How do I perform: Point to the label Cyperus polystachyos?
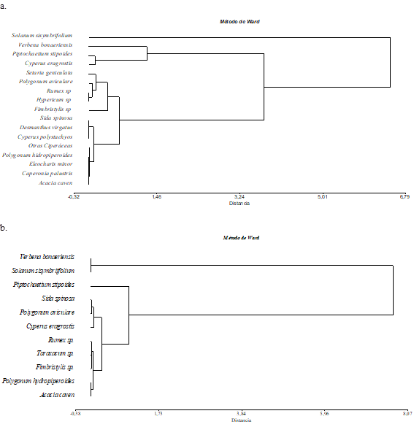pyautogui.click(x=45, y=136)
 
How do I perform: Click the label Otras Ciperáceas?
pyautogui.click(x=50, y=145)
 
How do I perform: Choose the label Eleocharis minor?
pyautogui.click(x=51, y=164)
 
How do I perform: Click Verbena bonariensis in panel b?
pyautogui.click(x=46, y=257)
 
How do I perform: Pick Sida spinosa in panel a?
pyautogui.click(x=56, y=118)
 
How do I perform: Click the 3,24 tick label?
pyautogui.click(x=239, y=197)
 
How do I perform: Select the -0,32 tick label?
pyautogui.click(x=74, y=197)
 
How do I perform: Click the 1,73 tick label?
pyautogui.click(x=156, y=413)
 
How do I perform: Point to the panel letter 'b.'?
pyautogui.click(x=5, y=228)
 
